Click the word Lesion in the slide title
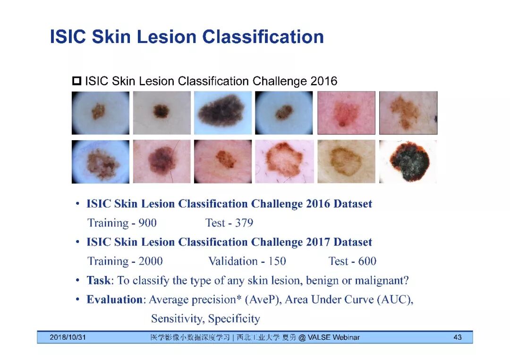click(167, 36)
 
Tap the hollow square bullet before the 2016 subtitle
click(77, 81)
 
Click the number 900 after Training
click(147, 223)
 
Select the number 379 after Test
click(244, 223)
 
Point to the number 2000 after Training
click(151, 261)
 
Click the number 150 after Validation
click(277, 261)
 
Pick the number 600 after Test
click(367, 261)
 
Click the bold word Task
click(98, 280)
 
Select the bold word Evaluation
click(114, 299)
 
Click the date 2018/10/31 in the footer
click(68, 337)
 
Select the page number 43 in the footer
click(457, 337)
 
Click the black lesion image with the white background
click(408, 161)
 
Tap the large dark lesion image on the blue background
click(223, 113)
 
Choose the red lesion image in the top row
click(346, 113)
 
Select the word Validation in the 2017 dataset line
click(233, 261)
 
